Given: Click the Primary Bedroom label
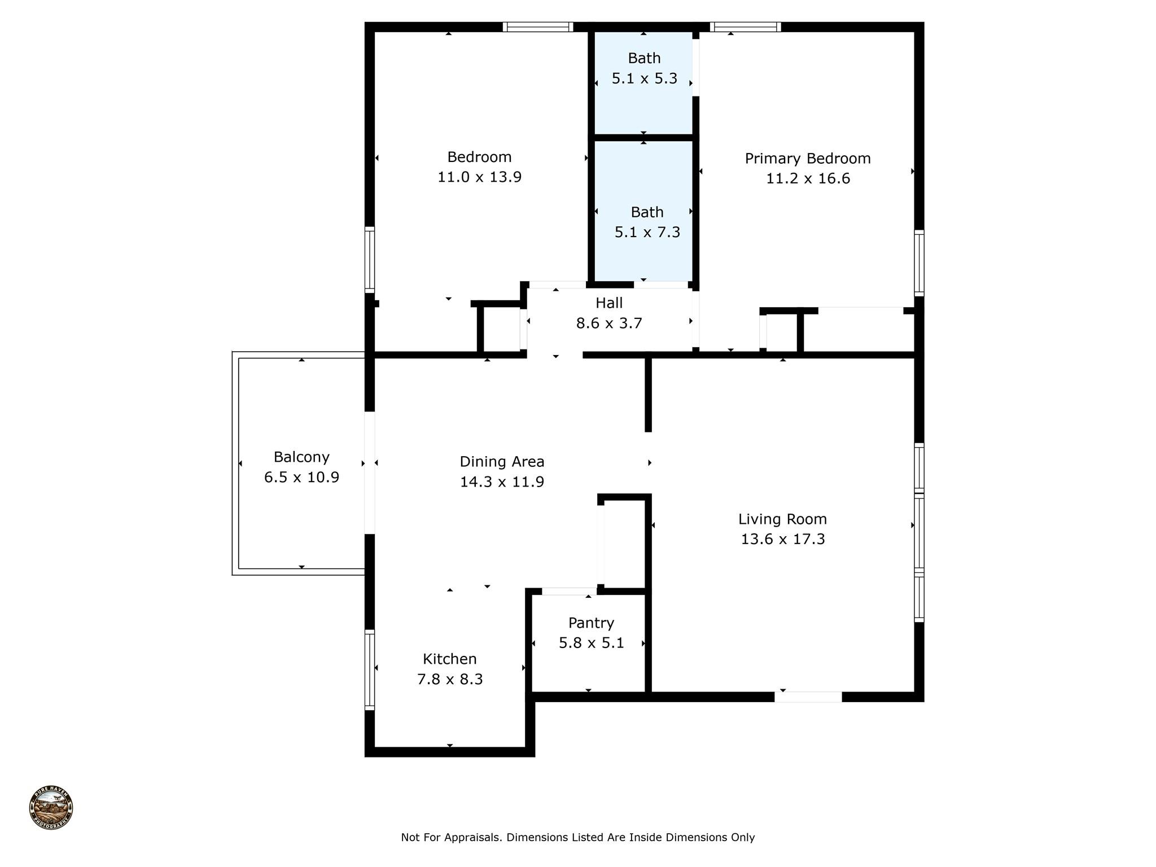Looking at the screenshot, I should [807, 159].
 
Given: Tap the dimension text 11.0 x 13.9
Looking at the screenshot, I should [479, 177].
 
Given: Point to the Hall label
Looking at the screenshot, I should [609, 303].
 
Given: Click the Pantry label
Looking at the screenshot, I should [591, 623].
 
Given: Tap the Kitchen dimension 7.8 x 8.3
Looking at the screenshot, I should [450, 679].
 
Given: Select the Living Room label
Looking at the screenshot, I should [782, 519].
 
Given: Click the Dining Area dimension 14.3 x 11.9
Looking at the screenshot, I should [502, 482].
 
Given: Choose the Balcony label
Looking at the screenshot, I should [301, 457].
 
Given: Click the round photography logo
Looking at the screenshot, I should [51, 808].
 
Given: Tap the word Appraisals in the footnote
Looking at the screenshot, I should [472, 838].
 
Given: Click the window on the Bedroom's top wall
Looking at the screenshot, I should [537, 27].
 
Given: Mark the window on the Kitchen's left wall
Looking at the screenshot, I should [370, 669].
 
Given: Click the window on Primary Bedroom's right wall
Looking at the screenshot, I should [919, 263].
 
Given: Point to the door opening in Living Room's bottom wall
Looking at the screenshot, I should [808, 697].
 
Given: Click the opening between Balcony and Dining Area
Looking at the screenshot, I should [370, 473].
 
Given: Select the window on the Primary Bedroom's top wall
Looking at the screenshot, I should [745, 27].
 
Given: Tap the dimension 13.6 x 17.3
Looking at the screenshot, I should [782, 539].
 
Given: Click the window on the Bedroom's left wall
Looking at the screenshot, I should [370, 260].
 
